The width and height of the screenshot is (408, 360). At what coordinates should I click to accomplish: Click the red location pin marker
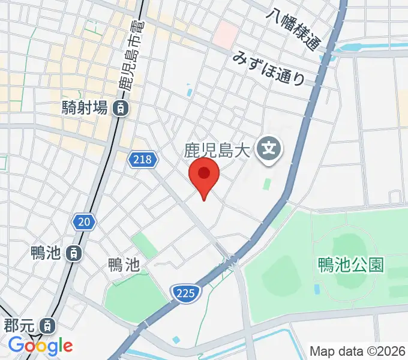coord(204,175)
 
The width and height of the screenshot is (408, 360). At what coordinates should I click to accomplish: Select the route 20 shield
coord(84,223)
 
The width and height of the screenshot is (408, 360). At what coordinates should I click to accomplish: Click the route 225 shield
coord(185,292)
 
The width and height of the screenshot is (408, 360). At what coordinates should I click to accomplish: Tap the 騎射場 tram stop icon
coord(122,109)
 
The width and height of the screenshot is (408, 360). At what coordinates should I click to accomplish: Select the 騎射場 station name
coord(85,109)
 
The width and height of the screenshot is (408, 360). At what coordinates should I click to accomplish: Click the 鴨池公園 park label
coord(351,265)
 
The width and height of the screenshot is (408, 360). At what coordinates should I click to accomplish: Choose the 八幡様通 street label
coord(295,29)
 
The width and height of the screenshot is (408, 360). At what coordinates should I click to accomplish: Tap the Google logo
coord(40,346)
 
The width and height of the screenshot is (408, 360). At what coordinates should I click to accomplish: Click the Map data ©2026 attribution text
coord(358,351)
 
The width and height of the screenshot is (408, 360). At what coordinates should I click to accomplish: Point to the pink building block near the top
coord(227,34)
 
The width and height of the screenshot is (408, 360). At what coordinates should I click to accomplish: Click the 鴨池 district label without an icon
coord(124,265)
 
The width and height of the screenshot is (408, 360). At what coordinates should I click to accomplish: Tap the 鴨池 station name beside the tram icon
coord(47,253)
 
